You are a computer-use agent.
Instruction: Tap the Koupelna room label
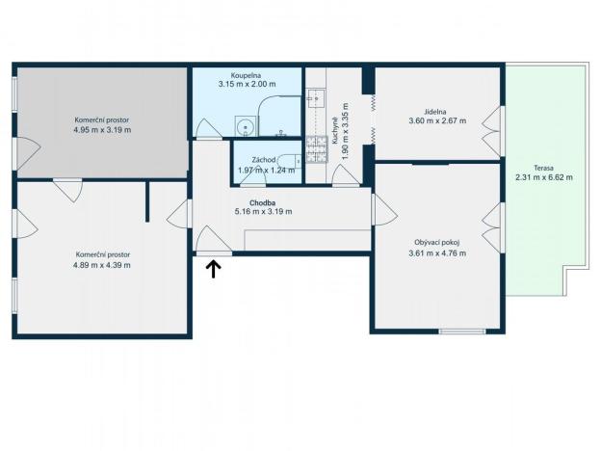pyautogui.click(x=247, y=75)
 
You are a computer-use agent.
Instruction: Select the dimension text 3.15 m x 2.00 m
pyautogui.click(x=247, y=84)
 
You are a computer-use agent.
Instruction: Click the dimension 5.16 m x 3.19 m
pyautogui.click(x=263, y=211)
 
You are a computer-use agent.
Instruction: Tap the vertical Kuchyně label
pyautogui.click(x=334, y=130)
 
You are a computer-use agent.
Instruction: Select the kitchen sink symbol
pyautogui.click(x=316, y=98)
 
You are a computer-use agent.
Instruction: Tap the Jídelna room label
pyautogui.click(x=436, y=112)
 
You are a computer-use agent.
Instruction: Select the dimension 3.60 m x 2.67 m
pyautogui.click(x=436, y=121)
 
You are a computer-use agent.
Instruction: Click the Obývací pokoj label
pyautogui.click(x=436, y=243)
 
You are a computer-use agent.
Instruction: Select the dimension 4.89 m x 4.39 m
pyautogui.click(x=102, y=265)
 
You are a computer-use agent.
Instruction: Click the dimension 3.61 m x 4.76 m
pyautogui.click(x=436, y=253)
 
